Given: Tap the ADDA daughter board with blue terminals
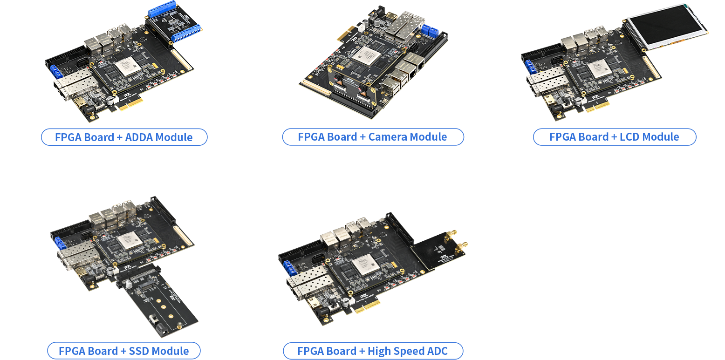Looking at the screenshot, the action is pyautogui.click(x=174, y=22).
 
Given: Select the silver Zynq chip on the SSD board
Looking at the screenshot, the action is pyautogui.click(x=130, y=241).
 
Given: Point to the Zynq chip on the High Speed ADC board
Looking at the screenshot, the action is pyautogui.click(x=365, y=264).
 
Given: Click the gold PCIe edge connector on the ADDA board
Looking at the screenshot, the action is pyautogui.click(x=131, y=103).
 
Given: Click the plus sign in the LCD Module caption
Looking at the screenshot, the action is pyautogui.click(x=614, y=137).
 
